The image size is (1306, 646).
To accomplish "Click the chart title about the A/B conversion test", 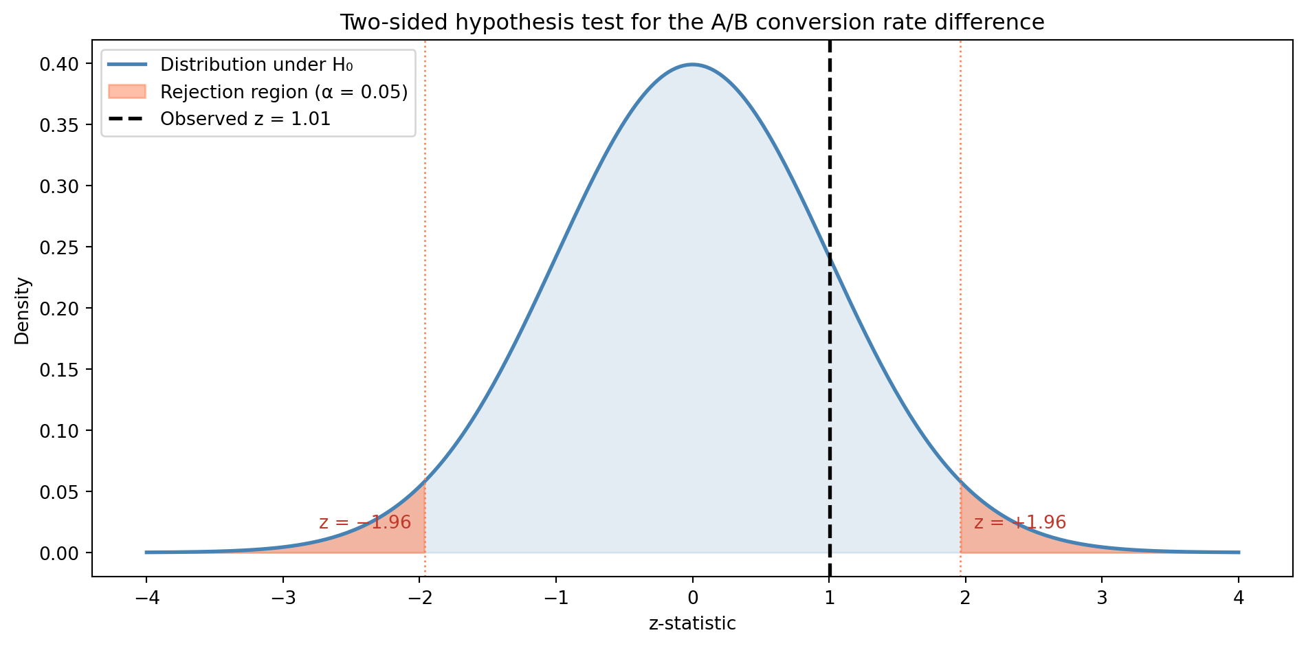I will [x=692, y=23].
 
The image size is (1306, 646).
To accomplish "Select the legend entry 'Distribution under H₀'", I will [x=256, y=65].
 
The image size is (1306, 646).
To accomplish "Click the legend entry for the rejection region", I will [x=284, y=92].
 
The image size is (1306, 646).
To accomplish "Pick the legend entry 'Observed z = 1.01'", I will [x=245, y=119].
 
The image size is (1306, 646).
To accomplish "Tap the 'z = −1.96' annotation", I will [x=365, y=522].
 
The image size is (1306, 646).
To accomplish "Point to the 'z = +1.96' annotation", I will [x=1020, y=522].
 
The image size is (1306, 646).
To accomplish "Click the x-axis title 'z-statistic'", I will [x=692, y=624].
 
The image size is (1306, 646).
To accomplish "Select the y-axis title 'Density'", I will [x=23, y=310].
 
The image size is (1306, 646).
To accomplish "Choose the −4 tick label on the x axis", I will [x=146, y=598].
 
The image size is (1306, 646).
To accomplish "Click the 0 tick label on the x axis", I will [x=693, y=598].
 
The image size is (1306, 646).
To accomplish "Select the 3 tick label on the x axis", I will [x=1103, y=598].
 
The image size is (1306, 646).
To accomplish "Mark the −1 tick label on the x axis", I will [x=555, y=598].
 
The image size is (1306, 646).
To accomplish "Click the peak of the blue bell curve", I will [x=692, y=65].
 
